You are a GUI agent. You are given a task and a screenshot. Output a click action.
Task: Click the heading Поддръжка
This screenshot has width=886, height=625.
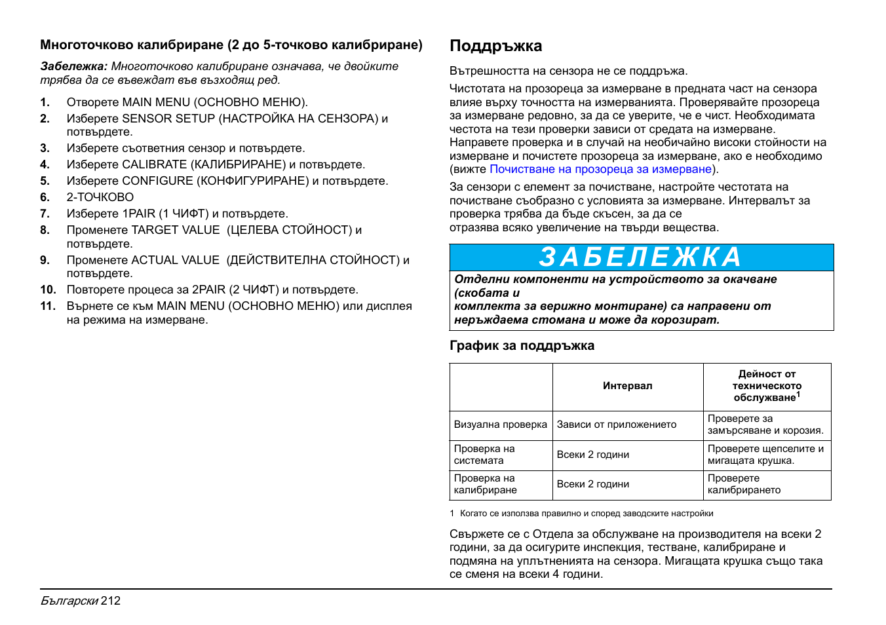coord(495,46)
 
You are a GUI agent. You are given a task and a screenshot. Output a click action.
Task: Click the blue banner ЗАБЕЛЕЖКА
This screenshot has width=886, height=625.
coord(640,257)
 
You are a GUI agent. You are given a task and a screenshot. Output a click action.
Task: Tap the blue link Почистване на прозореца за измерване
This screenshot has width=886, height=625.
coord(600,169)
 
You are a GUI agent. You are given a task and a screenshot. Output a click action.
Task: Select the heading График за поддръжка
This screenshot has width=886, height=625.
coord(522,346)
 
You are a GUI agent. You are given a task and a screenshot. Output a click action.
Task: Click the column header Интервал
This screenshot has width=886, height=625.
coord(627,386)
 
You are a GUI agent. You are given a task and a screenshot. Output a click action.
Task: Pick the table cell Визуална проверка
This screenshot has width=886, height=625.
coord(500,425)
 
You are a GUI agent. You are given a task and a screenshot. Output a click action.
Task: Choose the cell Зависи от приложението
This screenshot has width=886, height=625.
coord(616,425)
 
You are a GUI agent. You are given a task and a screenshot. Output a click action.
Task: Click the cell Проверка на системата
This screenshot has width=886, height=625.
coord(484,455)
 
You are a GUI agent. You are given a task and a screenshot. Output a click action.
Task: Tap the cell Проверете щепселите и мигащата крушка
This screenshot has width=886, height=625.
coord(765,455)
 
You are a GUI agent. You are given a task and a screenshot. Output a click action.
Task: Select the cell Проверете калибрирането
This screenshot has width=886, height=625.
coord(744,484)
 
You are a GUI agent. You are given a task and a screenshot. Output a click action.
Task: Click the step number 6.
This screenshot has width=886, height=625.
coord(45,197)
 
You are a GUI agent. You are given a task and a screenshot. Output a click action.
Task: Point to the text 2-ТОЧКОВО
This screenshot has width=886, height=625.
coord(100,197)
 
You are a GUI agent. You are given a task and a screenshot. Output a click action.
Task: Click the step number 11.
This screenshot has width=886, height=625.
coord(47,306)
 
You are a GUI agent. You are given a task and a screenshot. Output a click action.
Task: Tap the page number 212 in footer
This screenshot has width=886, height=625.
coord(111,601)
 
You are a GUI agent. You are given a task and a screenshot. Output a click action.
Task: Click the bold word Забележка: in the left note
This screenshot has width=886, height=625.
coord(73,66)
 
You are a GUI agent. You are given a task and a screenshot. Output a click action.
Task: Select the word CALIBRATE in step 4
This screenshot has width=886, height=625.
coord(154,164)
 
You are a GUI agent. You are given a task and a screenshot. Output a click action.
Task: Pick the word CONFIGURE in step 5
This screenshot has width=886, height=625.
coord(157,181)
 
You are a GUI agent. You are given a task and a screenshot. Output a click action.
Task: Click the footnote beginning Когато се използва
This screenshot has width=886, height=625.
coord(586,514)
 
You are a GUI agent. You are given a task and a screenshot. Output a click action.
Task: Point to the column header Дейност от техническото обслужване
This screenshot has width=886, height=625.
coord(767,386)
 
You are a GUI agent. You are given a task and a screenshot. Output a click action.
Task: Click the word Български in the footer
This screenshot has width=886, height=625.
coord(69,601)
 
